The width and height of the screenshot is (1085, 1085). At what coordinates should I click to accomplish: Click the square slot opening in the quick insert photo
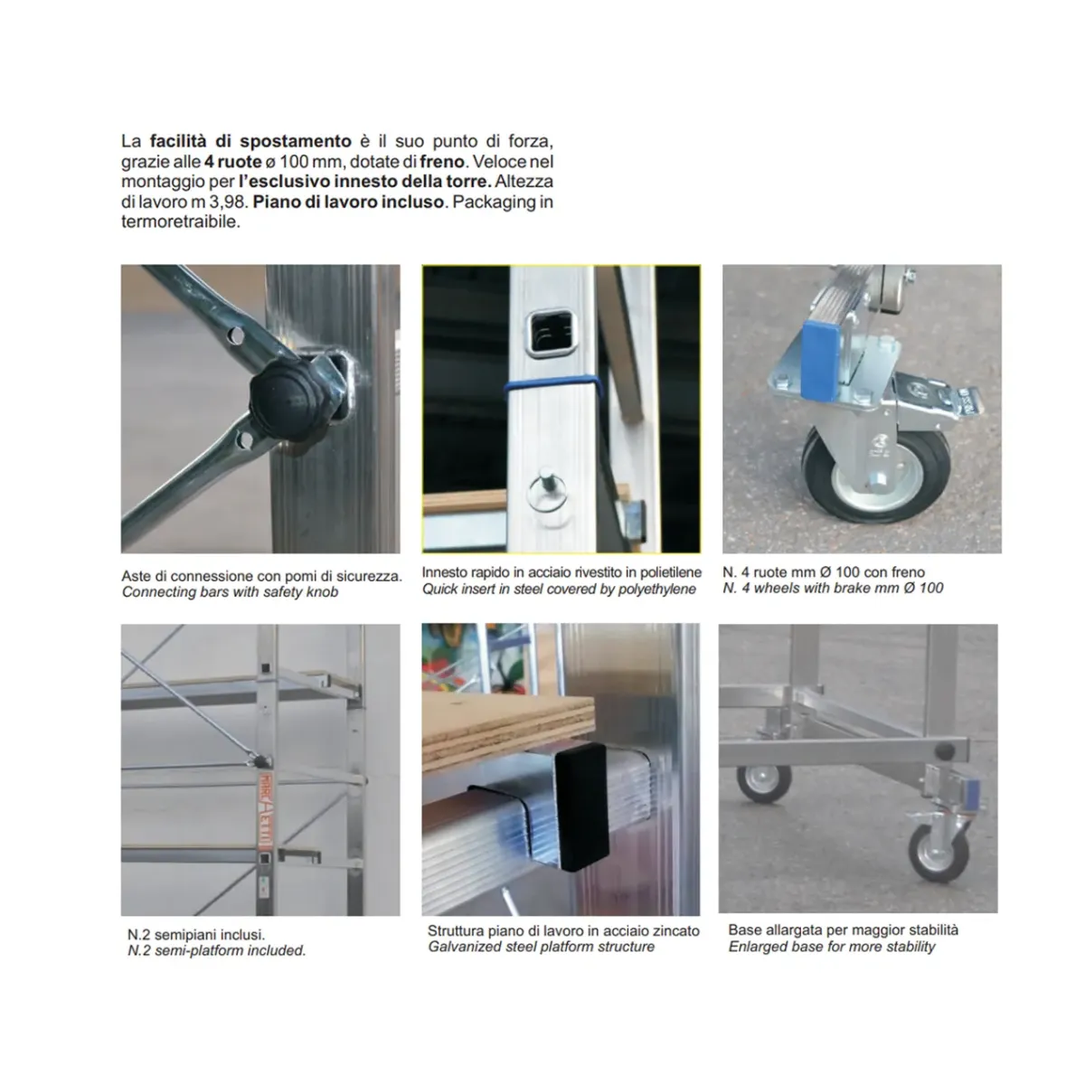coord(550,334)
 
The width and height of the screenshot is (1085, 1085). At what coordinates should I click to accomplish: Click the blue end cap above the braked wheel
coord(823,361)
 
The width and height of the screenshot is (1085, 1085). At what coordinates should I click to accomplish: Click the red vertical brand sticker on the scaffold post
coord(265,812)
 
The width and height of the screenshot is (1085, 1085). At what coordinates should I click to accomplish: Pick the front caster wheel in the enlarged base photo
coord(939,853)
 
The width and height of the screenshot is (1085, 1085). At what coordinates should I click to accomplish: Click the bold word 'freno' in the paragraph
coord(442,162)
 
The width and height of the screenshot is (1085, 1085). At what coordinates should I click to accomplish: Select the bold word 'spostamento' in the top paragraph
coord(296,141)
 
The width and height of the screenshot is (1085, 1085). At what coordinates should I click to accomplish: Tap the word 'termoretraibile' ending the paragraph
coord(181,222)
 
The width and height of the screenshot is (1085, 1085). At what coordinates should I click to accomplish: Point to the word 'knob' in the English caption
coord(323,592)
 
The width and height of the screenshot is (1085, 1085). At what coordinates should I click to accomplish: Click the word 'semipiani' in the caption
coord(184,935)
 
